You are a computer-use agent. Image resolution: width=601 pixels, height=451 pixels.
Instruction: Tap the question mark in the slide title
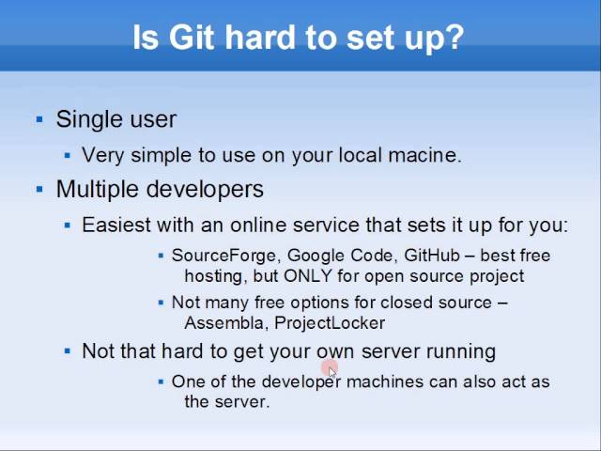click(x=455, y=38)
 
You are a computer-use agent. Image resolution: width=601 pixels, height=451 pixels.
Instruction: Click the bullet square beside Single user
click(x=39, y=119)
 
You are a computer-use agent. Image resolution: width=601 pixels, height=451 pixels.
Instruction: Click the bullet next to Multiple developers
click(x=39, y=189)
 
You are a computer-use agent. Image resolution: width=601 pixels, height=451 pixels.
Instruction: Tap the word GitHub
click(x=430, y=256)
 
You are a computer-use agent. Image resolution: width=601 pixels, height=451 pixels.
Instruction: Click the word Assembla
click(x=223, y=323)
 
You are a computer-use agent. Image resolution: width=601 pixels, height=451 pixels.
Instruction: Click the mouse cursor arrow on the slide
click(x=332, y=372)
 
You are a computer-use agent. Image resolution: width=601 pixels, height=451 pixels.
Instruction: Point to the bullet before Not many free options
click(x=162, y=303)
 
